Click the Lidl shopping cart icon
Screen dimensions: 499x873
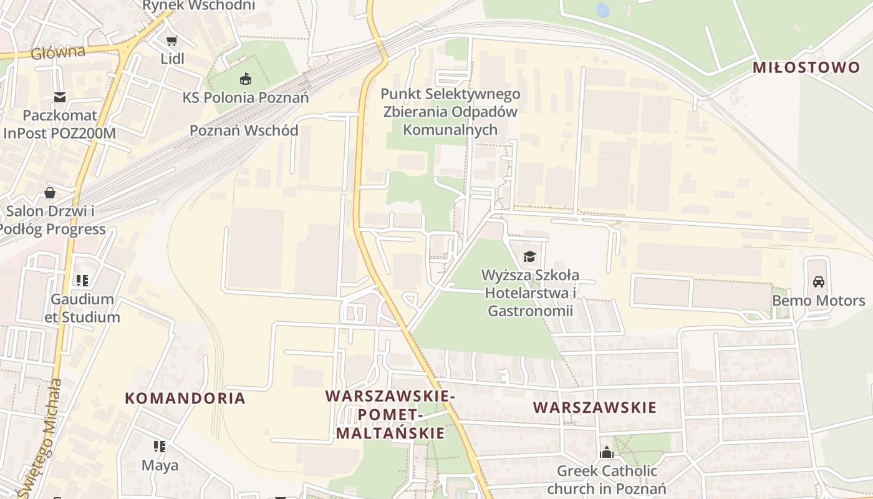172,41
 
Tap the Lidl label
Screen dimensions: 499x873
172,59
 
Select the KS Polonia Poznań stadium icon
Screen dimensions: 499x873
245,79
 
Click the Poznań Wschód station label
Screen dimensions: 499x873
244,130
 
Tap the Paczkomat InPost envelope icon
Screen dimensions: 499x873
60,97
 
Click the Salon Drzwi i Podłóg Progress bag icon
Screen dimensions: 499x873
50,193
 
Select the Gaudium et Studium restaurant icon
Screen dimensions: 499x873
82,281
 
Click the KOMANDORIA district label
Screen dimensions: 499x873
185,398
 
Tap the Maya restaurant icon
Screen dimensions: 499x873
160,447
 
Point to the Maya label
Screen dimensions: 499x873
160,465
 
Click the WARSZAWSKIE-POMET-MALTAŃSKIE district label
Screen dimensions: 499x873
390,414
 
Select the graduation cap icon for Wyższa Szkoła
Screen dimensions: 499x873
529,256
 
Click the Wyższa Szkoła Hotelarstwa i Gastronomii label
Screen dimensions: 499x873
530,293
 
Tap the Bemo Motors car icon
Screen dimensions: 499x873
819,282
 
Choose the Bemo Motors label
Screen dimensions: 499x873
819,301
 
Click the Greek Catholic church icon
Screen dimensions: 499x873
607,452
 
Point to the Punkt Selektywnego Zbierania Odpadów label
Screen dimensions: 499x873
450,112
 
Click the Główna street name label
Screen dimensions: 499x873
57,52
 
